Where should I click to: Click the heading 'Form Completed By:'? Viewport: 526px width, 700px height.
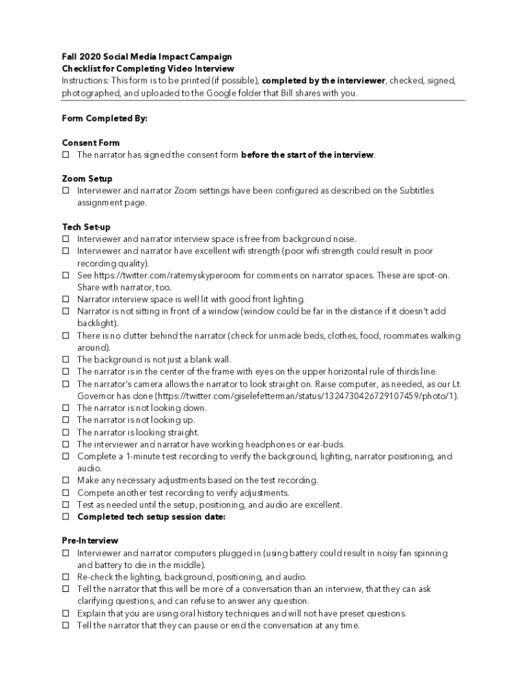pos(105,118)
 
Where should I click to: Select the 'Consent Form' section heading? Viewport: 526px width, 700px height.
pos(91,143)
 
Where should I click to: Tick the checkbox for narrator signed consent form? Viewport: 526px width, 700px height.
pos(66,155)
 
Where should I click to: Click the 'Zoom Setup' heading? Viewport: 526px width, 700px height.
pos(87,178)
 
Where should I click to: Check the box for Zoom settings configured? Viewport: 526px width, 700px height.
pos(66,191)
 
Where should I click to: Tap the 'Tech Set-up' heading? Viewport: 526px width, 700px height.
pos(86,227)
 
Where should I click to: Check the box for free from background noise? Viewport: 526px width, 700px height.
pos(66,239)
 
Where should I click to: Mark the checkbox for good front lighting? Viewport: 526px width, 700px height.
pos(66,299)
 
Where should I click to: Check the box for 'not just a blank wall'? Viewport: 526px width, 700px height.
pos(66,360)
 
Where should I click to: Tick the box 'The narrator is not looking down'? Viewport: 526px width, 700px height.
pos(66,408)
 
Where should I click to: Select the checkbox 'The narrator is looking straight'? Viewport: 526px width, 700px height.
pos(66,433)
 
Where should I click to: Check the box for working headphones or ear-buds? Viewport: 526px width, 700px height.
pos(66,444)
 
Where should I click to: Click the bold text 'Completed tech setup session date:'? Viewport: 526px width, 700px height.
pos(151,517)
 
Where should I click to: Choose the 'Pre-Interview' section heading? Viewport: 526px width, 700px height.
pos(90,541)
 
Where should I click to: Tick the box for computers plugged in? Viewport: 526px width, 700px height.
pos(66,553)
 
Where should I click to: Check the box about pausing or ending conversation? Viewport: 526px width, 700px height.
pos(66,625)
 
